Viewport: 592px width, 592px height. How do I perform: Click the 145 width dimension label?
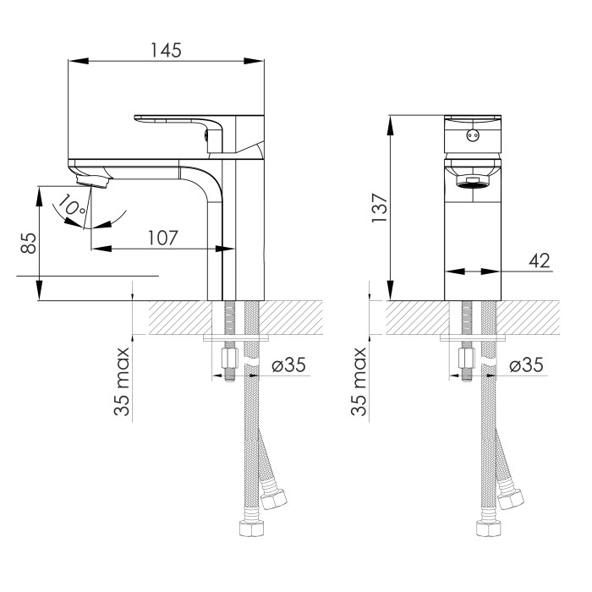point(166,50)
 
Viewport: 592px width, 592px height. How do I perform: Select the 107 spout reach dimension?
point(162,238)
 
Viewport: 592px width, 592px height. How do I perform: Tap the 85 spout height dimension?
point(28,244)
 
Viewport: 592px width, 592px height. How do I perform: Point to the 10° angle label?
point(71,205)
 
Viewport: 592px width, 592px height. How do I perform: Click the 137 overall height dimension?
point(379,208)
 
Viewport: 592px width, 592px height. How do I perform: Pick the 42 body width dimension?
point(540,260)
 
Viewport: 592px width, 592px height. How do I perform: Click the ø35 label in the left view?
point(288,365)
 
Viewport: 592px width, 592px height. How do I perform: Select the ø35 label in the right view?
point(526,365)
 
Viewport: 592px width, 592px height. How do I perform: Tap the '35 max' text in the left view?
point(122,381)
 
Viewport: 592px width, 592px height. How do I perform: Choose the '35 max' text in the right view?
point(359,381)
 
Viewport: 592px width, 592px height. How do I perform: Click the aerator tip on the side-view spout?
point(92,181)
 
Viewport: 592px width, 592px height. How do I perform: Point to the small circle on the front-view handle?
point(473,134)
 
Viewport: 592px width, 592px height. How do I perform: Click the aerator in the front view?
point(473,182)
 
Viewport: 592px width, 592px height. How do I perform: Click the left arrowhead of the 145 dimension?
point(78,61)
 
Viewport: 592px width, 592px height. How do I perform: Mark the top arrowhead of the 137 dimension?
point(391,125)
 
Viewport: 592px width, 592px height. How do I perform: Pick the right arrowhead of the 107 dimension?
point(224,249)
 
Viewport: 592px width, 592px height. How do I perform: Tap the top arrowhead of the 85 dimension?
point(39,196)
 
